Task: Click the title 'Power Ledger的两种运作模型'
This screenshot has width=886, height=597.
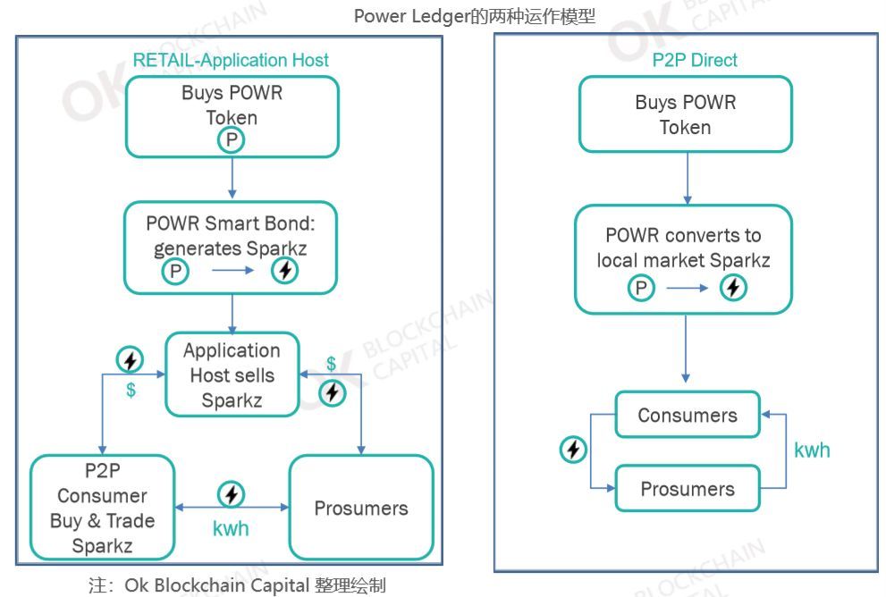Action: click(474, 15)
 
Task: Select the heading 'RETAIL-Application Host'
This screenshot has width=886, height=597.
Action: click(231, 61)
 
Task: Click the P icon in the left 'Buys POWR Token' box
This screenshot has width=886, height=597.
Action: click(232, 139)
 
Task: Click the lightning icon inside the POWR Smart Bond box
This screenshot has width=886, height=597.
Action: click(284, 271)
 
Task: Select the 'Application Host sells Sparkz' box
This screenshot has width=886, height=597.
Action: click(232, 375)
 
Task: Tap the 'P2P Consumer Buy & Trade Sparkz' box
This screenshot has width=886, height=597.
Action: click(102, 508)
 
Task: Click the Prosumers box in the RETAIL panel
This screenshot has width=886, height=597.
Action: click(360, 508)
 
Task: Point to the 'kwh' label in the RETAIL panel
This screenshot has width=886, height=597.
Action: click(231, 528)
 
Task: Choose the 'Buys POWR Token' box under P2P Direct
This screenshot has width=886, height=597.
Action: click(685, 114)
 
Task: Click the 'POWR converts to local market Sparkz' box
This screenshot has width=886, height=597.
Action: click(683, 259)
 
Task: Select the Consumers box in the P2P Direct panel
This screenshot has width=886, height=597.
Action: click(687, 416)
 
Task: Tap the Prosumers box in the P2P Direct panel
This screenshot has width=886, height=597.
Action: click(687, 489)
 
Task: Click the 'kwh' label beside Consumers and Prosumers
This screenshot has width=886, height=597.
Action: click(812, 450)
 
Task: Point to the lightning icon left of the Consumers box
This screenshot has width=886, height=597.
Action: click(573, 450)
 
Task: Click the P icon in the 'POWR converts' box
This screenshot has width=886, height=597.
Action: click(641, 288)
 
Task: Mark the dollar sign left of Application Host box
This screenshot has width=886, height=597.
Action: click(131, 391)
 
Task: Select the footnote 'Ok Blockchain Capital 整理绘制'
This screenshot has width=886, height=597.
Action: click(237, 585)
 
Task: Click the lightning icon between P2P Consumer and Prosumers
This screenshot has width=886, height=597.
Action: click(232, 494)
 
